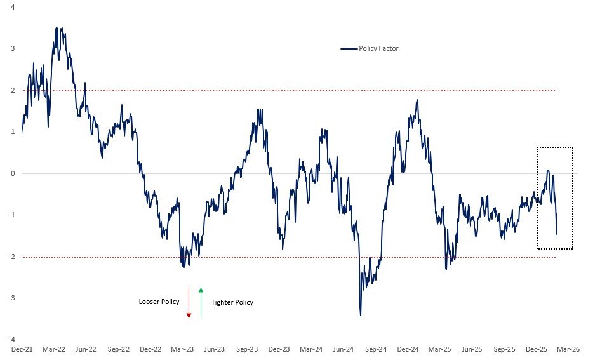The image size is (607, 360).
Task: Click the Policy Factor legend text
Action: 378,48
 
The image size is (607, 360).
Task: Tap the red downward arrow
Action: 189,303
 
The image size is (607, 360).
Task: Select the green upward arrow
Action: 201,302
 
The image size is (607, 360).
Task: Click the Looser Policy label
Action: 159,302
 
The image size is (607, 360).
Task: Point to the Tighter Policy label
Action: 232,302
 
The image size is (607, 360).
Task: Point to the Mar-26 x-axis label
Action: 569,349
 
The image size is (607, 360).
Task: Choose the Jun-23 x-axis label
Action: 215,349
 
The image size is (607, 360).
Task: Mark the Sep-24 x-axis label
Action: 376,349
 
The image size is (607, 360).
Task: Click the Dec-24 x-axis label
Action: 408,349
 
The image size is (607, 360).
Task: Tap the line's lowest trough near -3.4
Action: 361,316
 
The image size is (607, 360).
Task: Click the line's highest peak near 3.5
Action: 57,27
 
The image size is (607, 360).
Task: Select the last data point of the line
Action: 557,234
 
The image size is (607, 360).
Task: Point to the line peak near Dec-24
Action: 418,100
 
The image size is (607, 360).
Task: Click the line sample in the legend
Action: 349,48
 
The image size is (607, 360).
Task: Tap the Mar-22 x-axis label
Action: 53,349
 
